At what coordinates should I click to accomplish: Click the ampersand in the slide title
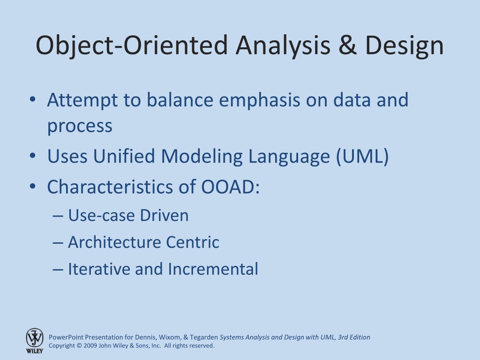click(347, 45)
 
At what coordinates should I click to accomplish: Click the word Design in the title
click(404, 46)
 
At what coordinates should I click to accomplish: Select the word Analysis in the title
click(283, 46)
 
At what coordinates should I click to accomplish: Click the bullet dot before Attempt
click(33, 99)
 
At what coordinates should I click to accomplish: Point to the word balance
click(180, 100)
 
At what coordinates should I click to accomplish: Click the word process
click(80, 127)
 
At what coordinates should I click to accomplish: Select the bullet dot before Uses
click(33, 156)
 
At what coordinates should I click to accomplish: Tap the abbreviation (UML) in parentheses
click(362, 157)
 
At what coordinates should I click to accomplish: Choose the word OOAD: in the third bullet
click(230, 187)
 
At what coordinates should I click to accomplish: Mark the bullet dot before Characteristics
click(33, 186)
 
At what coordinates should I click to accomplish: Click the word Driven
click(164, 215)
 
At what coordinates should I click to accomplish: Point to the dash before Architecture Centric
click(58, 243)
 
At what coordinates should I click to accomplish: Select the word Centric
click(193, 242)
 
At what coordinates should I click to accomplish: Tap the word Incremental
click(213, 269)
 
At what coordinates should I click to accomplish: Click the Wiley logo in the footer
click(35, 341)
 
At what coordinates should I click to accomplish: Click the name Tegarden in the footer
click(204, 337)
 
